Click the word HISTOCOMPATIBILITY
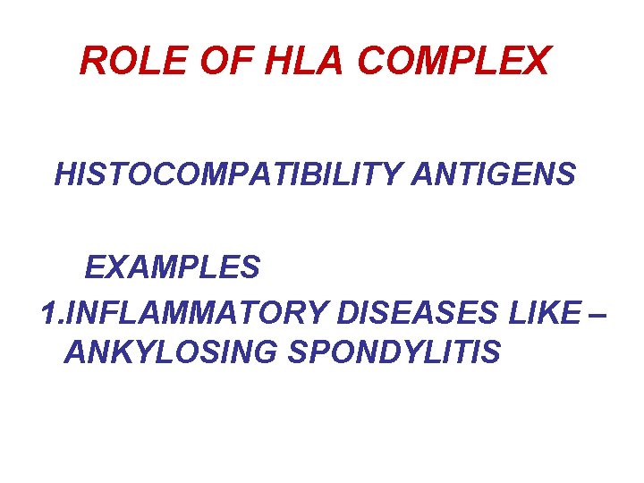point(228,174)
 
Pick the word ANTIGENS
point(493,174)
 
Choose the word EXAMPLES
point(173,267)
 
